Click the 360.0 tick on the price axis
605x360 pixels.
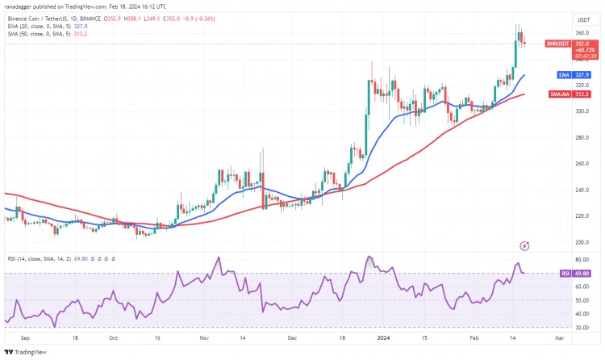pos(581,33)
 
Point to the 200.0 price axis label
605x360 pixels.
pos(581,242)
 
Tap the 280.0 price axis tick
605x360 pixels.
pos(581,137)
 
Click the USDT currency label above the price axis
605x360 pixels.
pos(582,19)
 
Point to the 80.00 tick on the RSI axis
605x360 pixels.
pos(581,260)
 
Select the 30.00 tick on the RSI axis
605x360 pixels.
pos(581,327)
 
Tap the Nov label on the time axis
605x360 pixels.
pos(203,340)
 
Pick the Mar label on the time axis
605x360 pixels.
pos(560,340)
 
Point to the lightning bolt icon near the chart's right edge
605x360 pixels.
pos(524,245)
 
